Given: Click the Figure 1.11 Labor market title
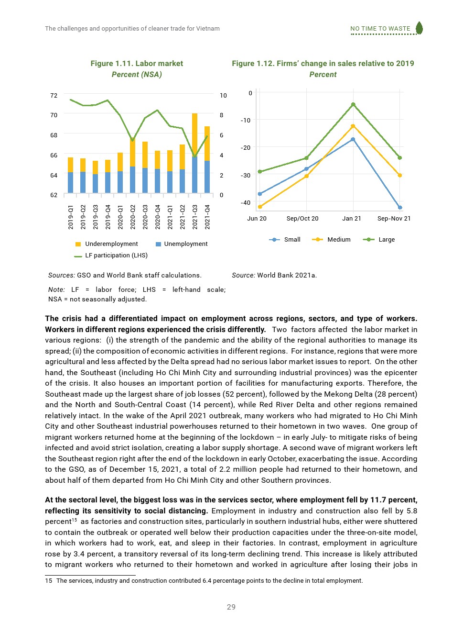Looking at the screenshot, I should [x=137, y=64].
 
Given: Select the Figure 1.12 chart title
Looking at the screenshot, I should [x=323, y=64].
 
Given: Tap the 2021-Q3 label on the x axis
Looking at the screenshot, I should [x=195, y=217].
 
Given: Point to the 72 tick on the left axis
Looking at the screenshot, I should [x=54, y=96].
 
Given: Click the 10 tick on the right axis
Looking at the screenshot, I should [x=223, y=96].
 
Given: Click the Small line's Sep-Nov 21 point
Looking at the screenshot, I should [x=400, y=208].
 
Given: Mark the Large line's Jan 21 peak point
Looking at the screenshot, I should [x=353, y=104].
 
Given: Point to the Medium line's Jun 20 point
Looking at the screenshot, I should [x=260, y=207].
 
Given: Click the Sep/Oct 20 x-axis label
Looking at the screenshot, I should [x=302, y=219].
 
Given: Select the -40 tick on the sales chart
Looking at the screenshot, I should [x=246, y=203].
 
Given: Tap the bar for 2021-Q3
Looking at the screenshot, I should [x=194, y=153].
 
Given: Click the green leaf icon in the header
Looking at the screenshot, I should [x=419, y=28].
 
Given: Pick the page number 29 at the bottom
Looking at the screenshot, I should [x=231, y=607].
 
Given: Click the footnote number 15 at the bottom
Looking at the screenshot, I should [x=48, y=581].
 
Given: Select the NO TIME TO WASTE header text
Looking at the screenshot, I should [x=380, y=29].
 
